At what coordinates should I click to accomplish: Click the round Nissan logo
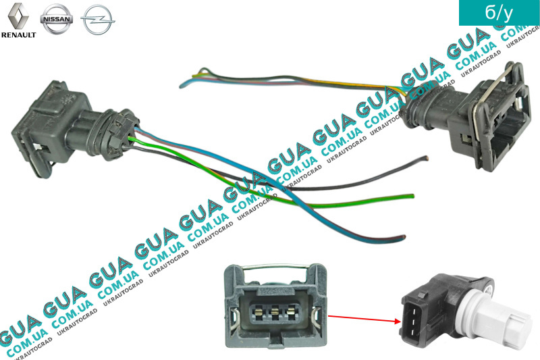56,20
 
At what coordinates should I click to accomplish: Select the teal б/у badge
498,14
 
